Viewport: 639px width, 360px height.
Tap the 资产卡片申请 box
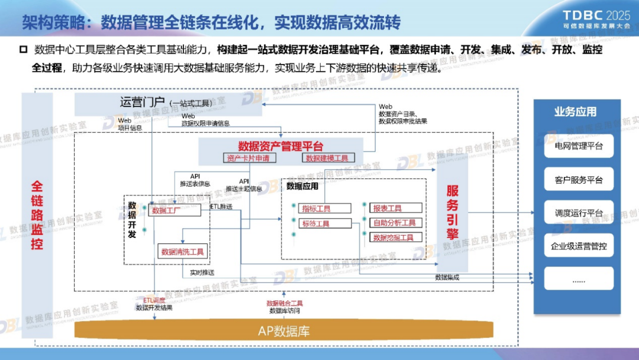click(x=248, y=158)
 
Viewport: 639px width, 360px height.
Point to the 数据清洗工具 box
click(x=183, y=252)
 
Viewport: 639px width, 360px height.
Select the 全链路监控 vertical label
click(x=37, y=215)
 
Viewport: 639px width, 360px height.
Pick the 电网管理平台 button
click(x=579, y=146)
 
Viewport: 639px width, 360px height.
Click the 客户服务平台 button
click(x=579, y=179)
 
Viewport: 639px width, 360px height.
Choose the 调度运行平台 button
click(x=579, y=213)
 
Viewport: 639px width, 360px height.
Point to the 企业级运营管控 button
click(x=579, y=246)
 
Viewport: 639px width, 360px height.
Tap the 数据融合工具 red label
click(x=285, y=303)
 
